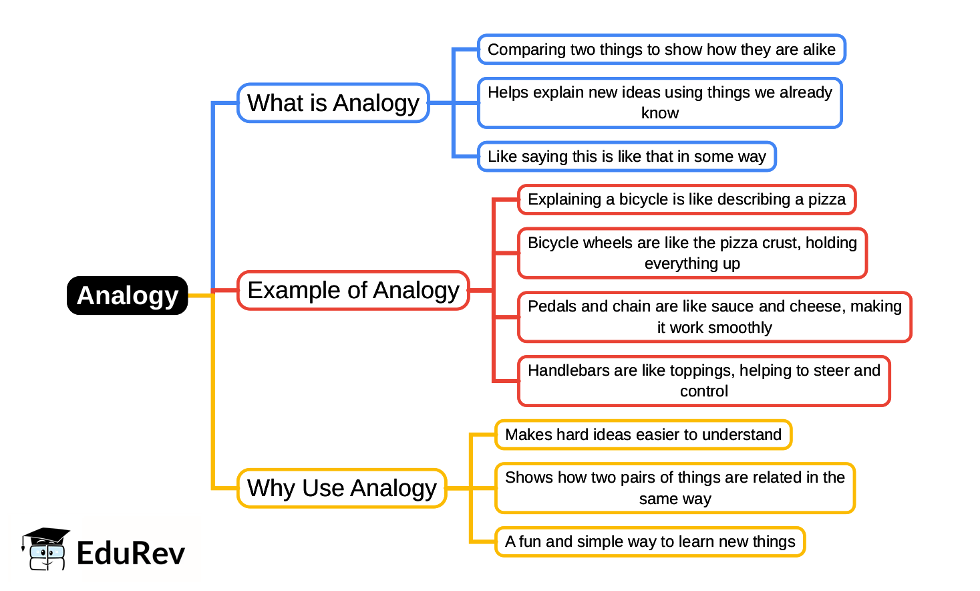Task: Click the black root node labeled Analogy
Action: pyautogui.click(x=127, y=295)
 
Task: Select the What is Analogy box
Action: pyautogui.click(x=333, y=103)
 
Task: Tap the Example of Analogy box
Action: pyautogui.click(x=353, y=290)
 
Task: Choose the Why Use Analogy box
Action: pyautogui.click(x=341, y=488)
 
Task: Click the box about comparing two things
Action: pyautogui.click(x=661, y=49)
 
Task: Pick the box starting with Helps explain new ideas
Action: pyautogui.click(x=659, y=102)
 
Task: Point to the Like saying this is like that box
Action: pyautogui.click(x=626, y=156)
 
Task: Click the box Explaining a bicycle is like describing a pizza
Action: pyautogui.click(x=686, y=199)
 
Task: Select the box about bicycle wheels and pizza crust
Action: pyautogui.click(x=691, y=253)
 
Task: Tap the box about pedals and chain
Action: pyautogui.click(x=714, y=317)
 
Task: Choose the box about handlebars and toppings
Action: pyautogui.click(x=703, y=380)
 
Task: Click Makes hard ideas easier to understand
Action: pyautogui.click(x=643, y=435)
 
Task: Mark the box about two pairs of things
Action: pyautogui.click(x=675, y=488)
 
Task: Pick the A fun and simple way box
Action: pyautogui.click(x=649, y=542)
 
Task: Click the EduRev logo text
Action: pyautogui.click(x=131, y=554)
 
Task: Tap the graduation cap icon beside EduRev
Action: pyautogui.click(x=45, y=548)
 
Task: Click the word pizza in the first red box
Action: pyautogui.click(x=827, y=199)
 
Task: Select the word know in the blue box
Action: pyautogui.click(x=659, y=113)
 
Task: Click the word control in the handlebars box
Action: pyautogui.click(x=703, y=391)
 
